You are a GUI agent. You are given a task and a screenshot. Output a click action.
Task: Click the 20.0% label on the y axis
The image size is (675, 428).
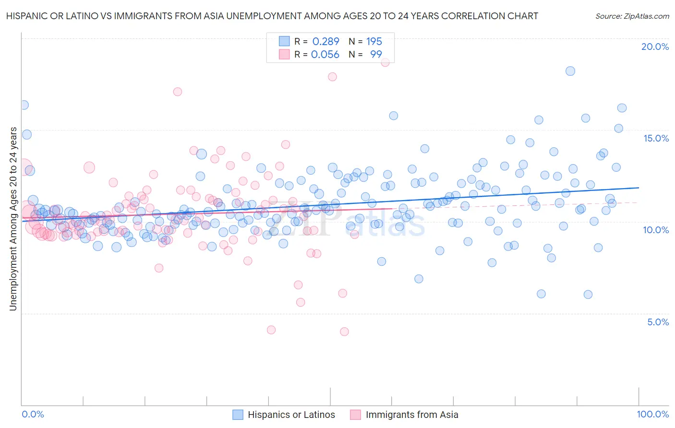point(655,47)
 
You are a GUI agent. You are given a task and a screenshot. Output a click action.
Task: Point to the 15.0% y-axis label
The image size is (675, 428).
point(656,138)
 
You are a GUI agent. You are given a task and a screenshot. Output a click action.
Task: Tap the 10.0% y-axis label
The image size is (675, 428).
point(656,230)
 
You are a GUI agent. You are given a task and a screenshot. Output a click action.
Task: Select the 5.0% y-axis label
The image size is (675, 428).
point(658,322)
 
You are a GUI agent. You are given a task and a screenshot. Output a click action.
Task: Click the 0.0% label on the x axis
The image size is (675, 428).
point(33,414)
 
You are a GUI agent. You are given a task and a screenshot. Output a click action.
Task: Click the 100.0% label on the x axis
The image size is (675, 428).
point(653,414)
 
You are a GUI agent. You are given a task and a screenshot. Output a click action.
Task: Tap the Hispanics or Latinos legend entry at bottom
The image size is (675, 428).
point(291,415)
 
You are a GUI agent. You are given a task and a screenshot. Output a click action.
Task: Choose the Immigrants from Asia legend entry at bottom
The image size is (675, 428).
point(411,415)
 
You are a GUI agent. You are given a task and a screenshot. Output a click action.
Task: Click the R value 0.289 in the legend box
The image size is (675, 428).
point(325,41)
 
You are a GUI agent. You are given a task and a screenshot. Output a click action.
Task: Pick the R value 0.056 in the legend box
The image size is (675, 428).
point(325,54)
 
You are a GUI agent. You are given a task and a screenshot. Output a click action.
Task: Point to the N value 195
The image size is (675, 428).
point(374,41)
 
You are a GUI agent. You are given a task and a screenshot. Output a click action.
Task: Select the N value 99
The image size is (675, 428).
point(376,54)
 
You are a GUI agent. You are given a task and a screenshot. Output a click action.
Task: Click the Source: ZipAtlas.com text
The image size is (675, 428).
point(632,16)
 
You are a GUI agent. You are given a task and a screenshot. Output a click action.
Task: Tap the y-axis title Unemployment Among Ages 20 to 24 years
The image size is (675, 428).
point(13,219)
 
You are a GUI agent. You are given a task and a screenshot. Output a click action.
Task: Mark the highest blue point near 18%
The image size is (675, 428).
point(570,71)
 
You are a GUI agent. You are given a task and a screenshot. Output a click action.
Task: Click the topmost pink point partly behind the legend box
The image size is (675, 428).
point(385,62)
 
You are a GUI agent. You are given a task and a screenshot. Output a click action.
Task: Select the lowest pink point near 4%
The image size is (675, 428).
point(344,332)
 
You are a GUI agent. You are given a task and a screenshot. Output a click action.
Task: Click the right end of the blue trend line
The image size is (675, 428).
point(639,188)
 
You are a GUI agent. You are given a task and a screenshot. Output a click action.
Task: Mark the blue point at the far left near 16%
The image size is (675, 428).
point(24,105)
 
